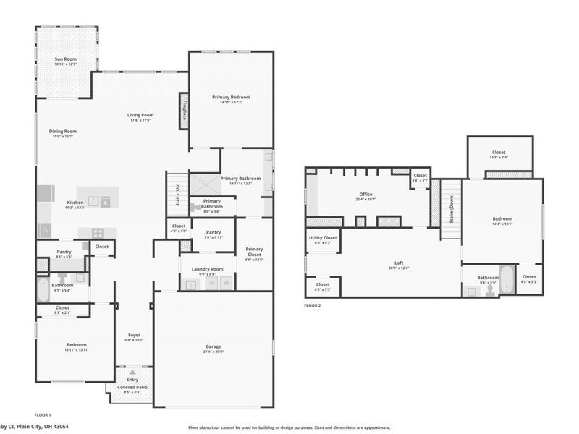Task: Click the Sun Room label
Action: (x=65, y=59)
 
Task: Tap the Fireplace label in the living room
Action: (x=185, y=109)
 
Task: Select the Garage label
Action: (x=214, y=346)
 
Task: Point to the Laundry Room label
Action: (x=208, y=269)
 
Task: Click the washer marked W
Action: (x=226, y=284)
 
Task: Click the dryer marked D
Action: (x=211, y=284)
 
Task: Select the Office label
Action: (x=365, y=195)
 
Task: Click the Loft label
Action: (x=398, y=263)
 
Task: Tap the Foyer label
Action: (x=135, y=335)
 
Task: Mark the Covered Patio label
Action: (x=132, y=387)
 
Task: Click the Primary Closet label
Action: (x=254, y=252)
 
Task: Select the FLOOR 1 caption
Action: (x=43, y=414)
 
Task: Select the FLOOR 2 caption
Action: (x=313, y=306)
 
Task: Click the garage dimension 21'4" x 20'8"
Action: (x=214, y=352)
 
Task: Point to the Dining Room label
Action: (x=63, y=132)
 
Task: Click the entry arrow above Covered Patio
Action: (x=132, y=373)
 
